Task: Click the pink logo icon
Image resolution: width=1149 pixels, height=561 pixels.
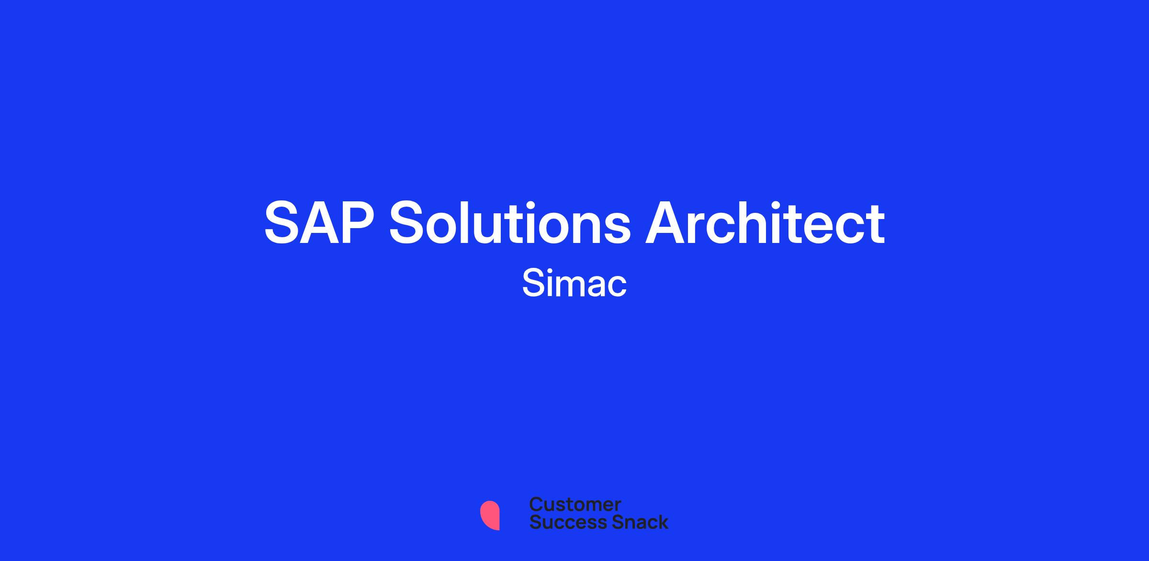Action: click(x=490, y=515)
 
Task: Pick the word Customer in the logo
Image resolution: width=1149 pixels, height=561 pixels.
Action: click(x=575, y=504)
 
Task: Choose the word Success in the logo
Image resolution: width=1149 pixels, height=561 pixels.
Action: click(x=562, y=522)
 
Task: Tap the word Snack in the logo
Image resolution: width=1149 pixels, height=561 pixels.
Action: click(x=633, y=522)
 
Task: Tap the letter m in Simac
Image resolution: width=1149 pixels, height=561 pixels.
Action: click(x=570, y=286)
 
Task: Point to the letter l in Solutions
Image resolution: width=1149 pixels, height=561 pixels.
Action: click(x=478, y=222)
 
